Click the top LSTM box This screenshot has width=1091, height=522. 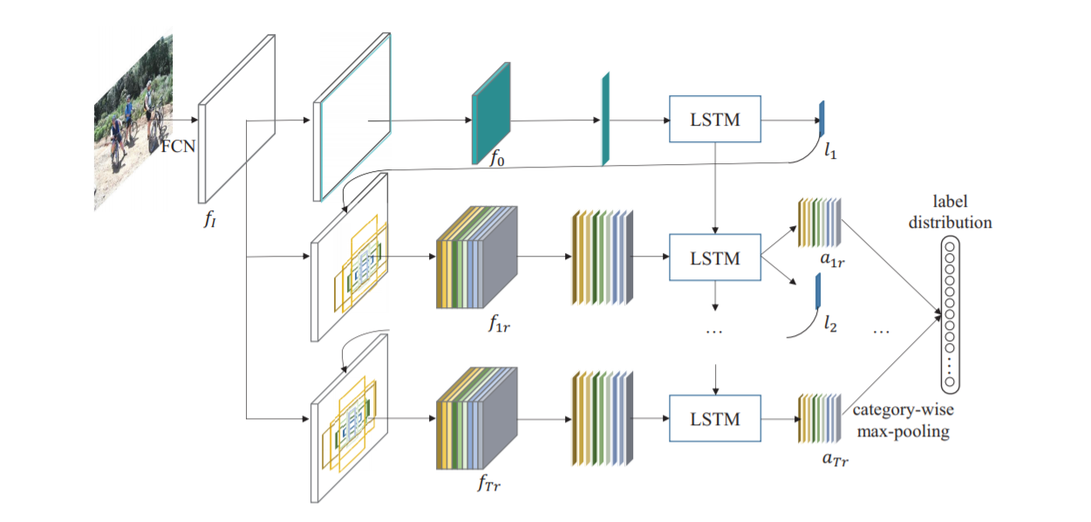(x=714, y=120)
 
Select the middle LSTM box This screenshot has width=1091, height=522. (x=714, y=258)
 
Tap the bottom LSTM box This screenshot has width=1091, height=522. (x=714, y=419)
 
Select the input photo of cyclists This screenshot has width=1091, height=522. (x=133, y=122)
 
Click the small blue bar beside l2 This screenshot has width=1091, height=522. (x=818, y=292)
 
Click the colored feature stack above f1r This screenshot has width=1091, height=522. (x=475, y=258)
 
